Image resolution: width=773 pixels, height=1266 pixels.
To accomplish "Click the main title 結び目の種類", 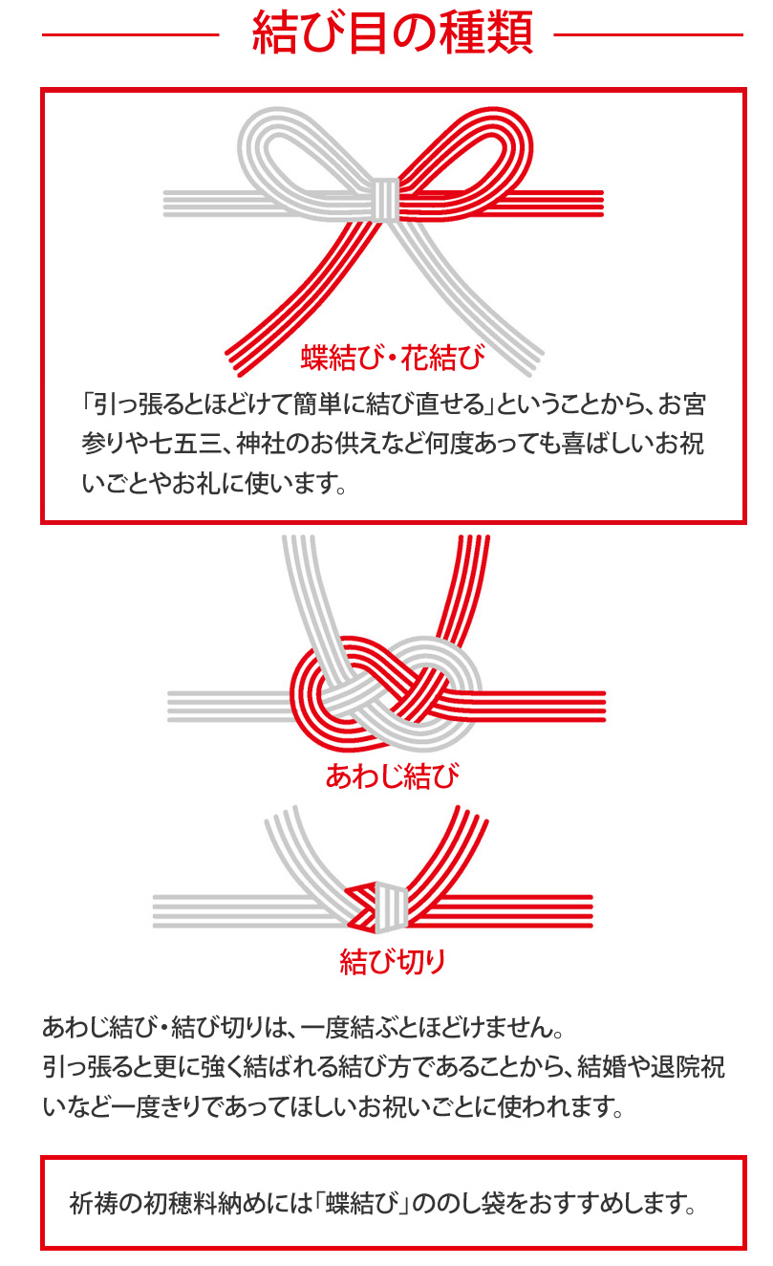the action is [x=393, y=33].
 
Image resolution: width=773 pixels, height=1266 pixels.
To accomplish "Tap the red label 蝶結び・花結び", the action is [x=393, y=358].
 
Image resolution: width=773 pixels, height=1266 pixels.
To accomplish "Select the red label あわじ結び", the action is [x=393, y=775].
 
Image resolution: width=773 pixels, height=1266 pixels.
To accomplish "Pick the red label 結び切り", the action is [x=393, y=961].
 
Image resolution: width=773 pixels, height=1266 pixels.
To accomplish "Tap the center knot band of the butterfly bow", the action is [x=386, y=199].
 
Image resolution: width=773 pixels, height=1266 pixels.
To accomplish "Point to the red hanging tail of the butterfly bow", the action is [x=299, y=294].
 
